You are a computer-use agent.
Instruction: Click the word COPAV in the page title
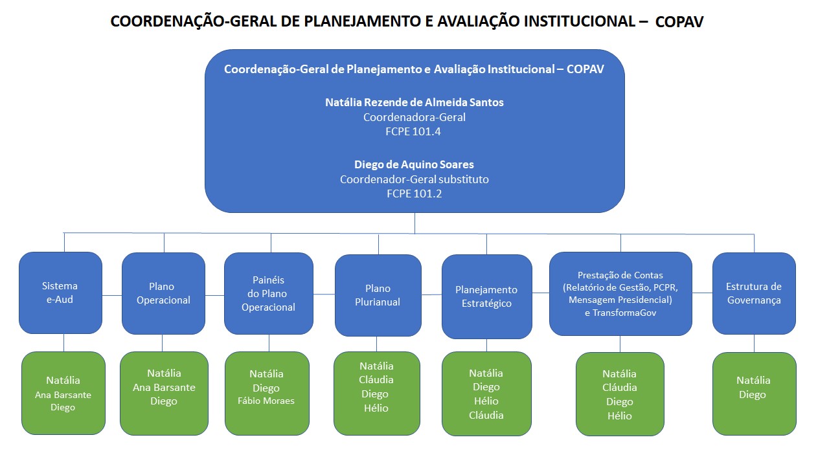(x=679, y=22)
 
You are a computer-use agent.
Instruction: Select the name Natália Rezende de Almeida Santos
(x=414, y=102)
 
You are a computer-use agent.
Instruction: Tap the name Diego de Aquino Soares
(x=414, y=164)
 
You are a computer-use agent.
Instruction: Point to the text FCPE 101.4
(x=414, y=131)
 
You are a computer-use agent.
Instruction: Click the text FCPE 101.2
(x=414, y=194)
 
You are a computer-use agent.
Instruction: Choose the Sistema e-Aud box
(x=60, y=293)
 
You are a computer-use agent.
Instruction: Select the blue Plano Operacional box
(x=163, y=293)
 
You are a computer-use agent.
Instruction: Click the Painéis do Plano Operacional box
(x=269, y=293)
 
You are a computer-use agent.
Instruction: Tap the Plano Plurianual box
(x=378, y=295)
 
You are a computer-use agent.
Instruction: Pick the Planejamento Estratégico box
(x=486, y=296)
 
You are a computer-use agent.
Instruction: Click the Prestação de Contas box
(x=620, y=293)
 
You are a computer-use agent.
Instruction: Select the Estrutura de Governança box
(x=754, y=293)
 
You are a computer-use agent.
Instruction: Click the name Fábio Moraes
(x=266, y=401)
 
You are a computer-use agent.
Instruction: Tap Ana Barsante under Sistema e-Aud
(x=63, y=395)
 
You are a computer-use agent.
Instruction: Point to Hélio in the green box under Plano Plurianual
(x=376, y=408)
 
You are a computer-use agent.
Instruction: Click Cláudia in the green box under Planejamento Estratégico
(x=486, y=415)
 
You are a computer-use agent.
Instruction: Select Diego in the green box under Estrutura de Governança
(x=753, y=395)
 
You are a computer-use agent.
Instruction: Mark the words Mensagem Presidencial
(x=620, y=300)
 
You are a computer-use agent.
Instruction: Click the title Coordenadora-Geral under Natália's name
(x=414, y=117)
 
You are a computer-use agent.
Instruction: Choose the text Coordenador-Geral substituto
(x=414, y=179)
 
